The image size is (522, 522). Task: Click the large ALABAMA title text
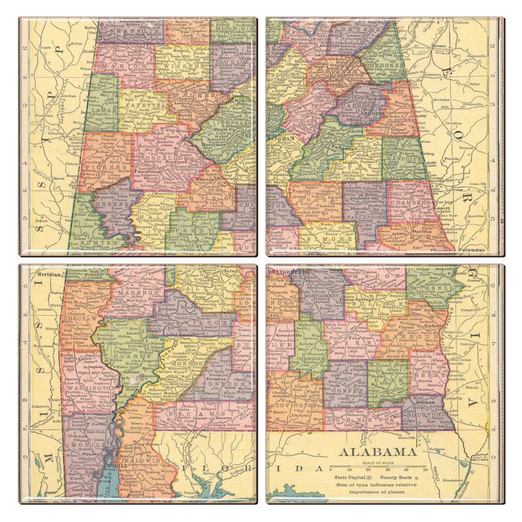click(x=377, y=452)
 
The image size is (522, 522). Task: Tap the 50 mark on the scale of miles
click(x=425, y=469)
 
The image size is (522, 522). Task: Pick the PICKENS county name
click(x=109, y=168)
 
